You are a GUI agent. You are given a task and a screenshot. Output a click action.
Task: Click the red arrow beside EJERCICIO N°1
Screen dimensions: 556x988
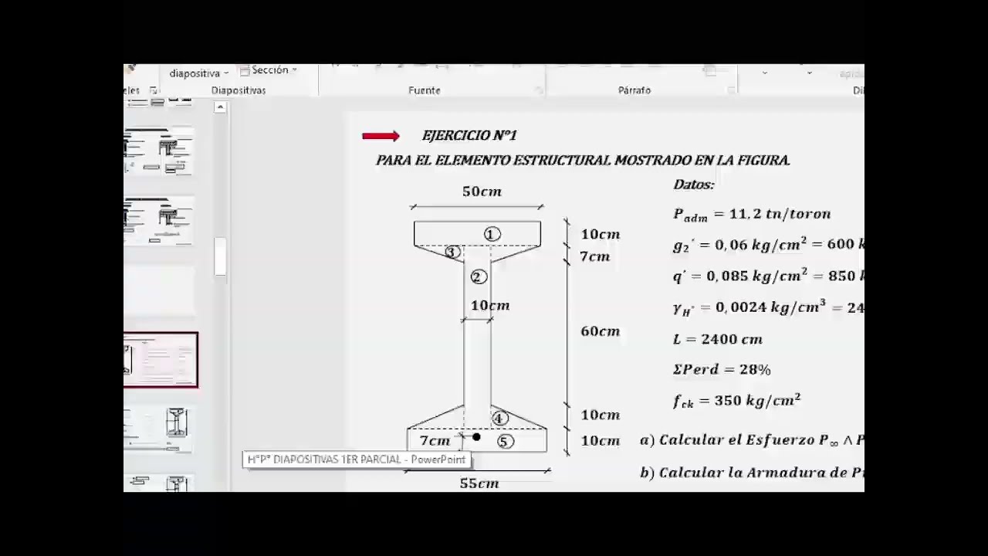click(x=381, y=137)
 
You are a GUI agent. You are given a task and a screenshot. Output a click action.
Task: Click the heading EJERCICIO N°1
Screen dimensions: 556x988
click(x=469, y=136)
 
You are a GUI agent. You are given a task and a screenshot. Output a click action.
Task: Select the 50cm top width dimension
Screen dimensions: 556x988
click(x=482, y=192)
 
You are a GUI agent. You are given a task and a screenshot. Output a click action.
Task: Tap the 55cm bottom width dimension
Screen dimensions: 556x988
click(x=479, y=483)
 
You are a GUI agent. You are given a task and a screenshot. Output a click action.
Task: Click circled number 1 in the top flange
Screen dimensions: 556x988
click(x=492, y=234)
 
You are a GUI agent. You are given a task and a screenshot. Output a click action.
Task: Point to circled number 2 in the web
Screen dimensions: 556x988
click(x=477, y=277)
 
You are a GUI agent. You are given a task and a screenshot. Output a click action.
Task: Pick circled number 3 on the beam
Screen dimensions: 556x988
click(x=452, y=252)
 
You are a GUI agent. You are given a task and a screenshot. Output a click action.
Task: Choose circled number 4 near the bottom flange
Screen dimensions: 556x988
click(x=499, y=419)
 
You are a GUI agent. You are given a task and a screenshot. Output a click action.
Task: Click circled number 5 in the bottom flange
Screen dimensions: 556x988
click(x=504, y=442)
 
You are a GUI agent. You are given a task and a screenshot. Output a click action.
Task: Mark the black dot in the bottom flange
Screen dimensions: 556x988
click(x=476, y=438)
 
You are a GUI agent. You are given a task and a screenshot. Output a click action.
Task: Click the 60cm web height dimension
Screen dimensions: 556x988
click(x=600, y=331)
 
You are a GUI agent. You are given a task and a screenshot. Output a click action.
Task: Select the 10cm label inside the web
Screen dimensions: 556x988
click(x=490, y=306)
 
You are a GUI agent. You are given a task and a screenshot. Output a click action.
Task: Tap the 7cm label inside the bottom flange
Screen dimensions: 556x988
click(x=435, y=441)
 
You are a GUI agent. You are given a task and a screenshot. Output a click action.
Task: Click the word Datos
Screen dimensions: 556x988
click(x=694, y=185)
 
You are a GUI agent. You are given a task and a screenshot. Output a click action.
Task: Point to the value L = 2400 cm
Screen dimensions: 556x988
click(x=718, y=339)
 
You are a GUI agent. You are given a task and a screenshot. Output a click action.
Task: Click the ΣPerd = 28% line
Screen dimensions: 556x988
click(x=722, y=370)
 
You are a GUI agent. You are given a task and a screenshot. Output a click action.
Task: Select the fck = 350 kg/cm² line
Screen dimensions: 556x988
click(x=736, y=401)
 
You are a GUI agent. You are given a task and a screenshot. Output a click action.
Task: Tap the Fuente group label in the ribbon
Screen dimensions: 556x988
click(x=425, y=90)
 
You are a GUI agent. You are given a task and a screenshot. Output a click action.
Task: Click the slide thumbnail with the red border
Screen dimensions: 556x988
click(x=161, y=360)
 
